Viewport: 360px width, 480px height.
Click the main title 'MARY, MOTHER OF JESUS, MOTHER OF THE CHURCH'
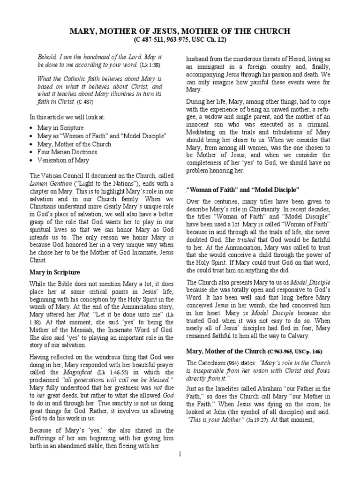pyautogui.click(x=180, y=31)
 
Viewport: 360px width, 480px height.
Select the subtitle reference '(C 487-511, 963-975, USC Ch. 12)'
pyautogui.click(x=180, y=40)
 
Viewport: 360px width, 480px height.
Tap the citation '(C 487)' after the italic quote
pyautogui.click(x=85, y=101)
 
